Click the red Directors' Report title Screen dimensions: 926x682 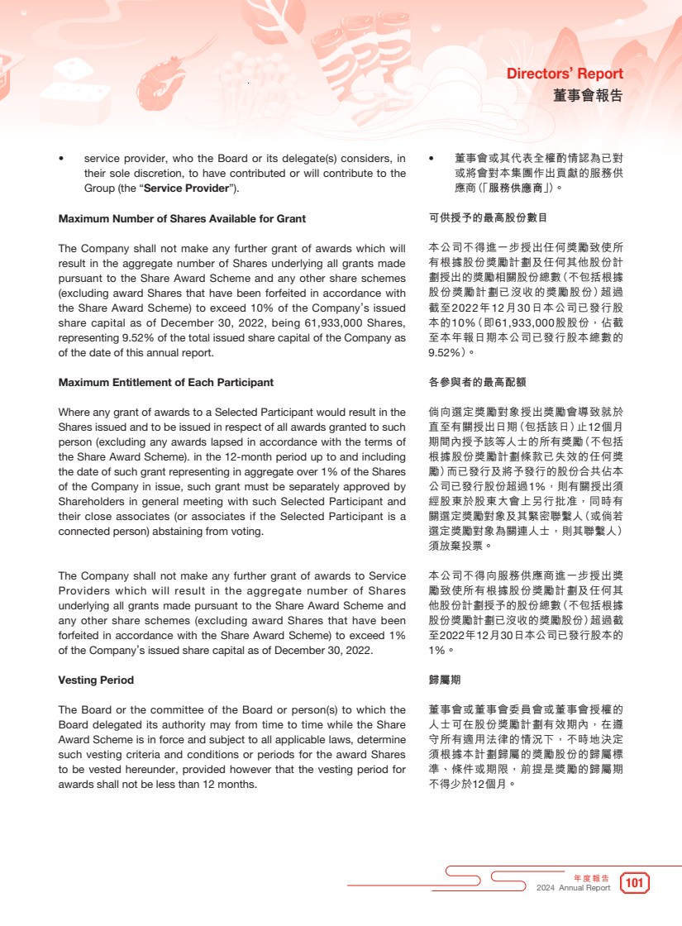565,74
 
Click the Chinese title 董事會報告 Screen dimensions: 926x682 588,96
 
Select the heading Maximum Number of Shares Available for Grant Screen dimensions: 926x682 182,219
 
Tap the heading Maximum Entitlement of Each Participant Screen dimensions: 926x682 165,383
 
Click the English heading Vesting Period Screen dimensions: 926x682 96,680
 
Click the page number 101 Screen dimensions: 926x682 634,884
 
